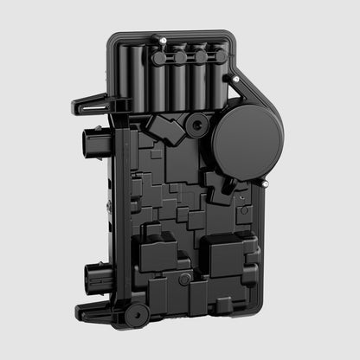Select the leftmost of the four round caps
162,58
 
